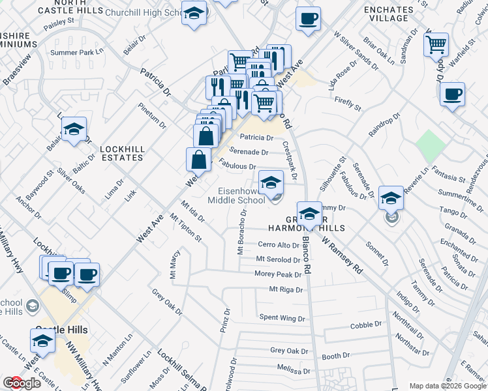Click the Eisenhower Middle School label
236,195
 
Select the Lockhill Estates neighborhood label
122,153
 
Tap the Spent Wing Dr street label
282,318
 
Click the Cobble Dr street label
365,325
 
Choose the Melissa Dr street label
292,368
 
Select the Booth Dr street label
336,356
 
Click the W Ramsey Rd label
343,253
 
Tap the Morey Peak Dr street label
278,274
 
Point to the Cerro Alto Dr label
278,245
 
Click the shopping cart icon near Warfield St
436,45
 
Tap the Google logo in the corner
22,383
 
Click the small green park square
429,147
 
